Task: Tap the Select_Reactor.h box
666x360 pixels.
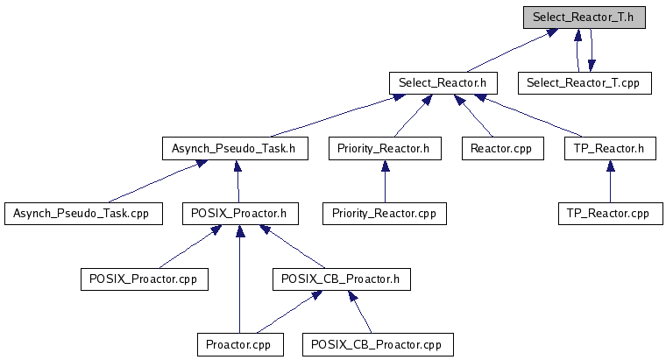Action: [443, 83]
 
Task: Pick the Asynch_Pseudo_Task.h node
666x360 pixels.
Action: [235, 148]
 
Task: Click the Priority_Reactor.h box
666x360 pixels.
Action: [384, 148]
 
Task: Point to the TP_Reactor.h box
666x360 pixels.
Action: [609, 148]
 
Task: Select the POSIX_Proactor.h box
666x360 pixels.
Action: [240, 213]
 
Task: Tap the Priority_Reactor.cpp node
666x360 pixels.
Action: [384, 213]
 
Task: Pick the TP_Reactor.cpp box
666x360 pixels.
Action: [609, 213]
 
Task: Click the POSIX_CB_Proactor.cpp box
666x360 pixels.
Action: [379, 344]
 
